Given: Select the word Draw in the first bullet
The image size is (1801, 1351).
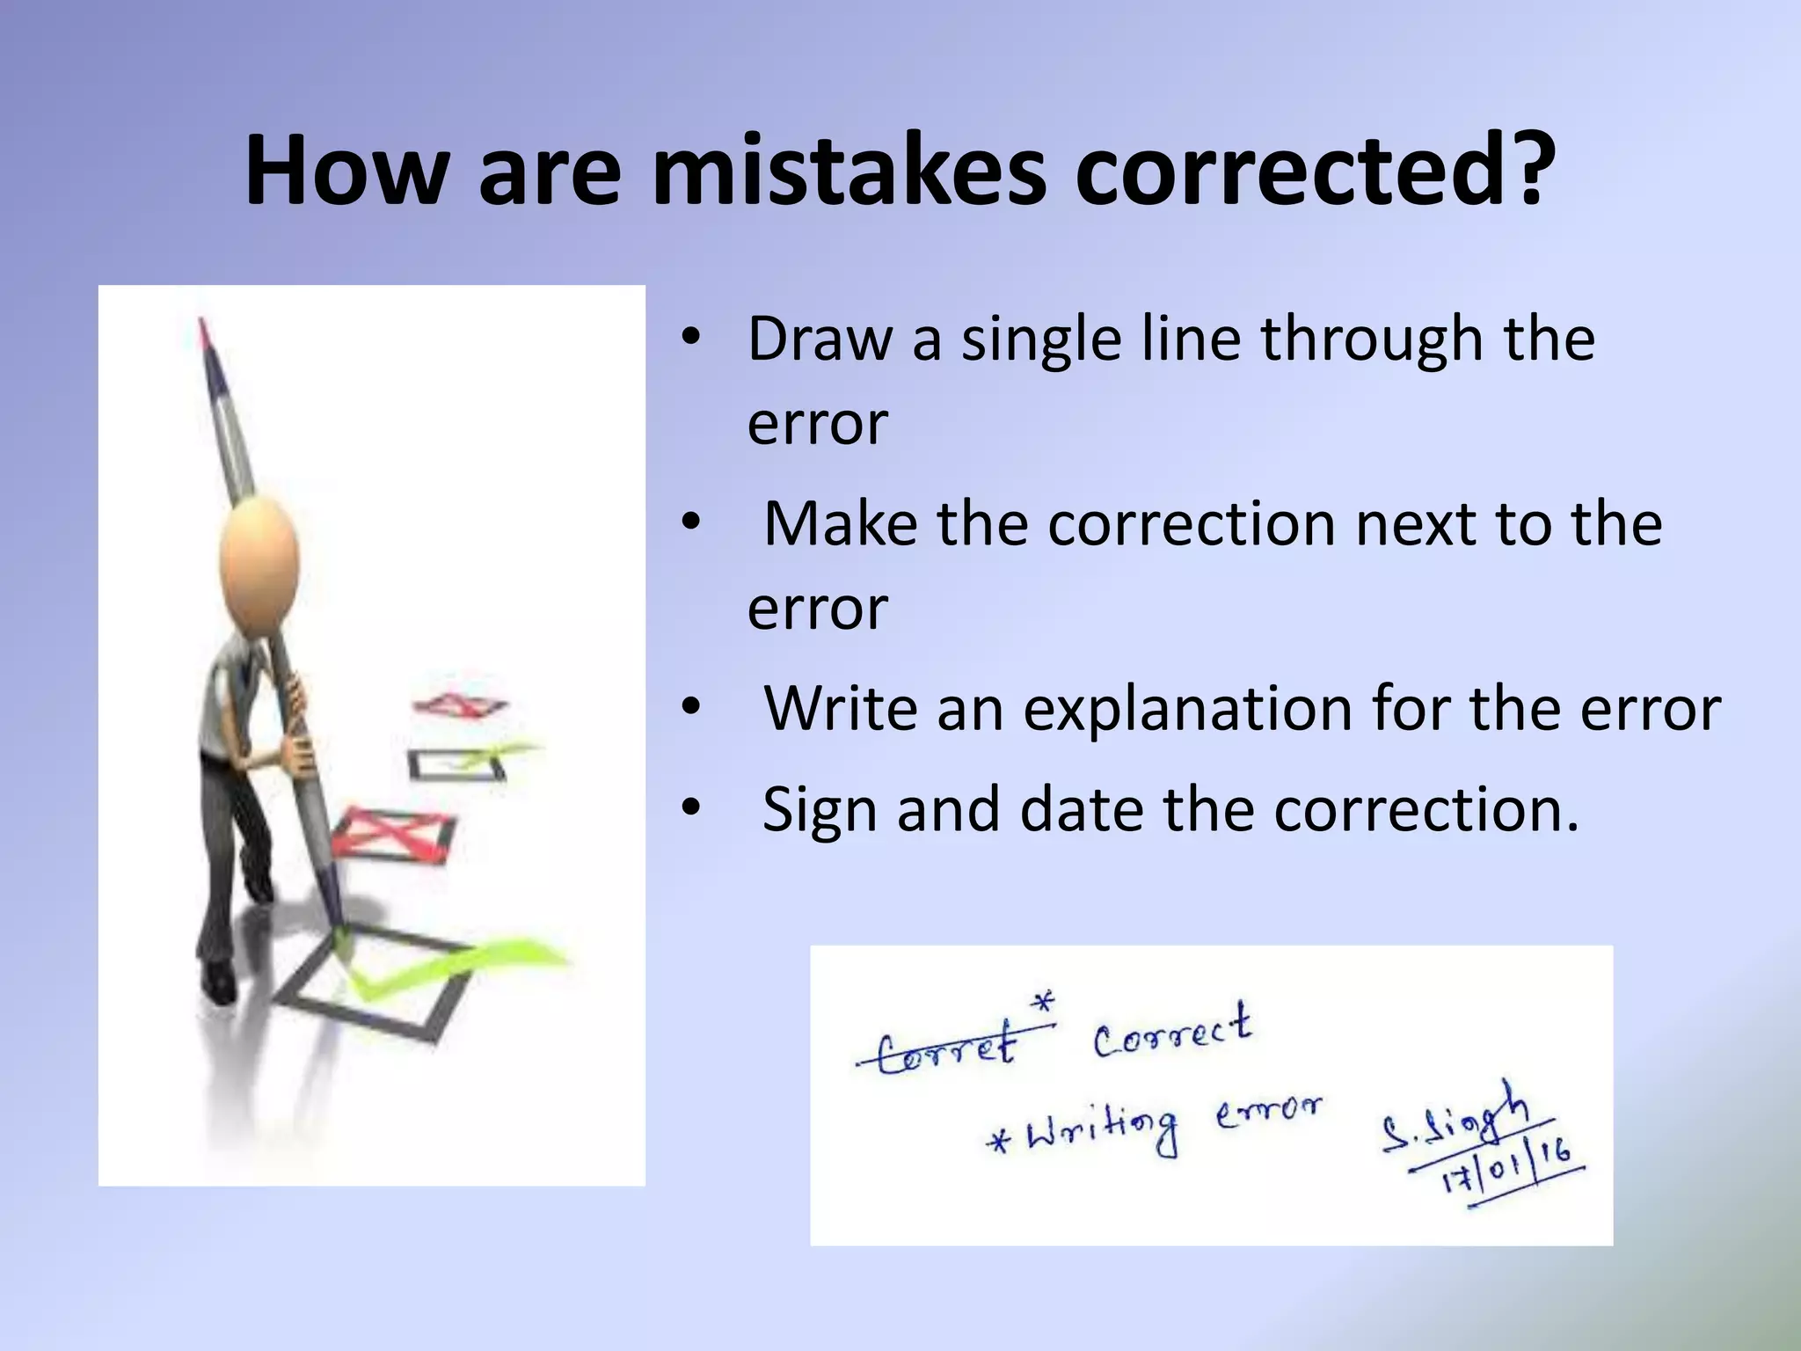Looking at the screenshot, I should pyautogui.click(x=819, y=340).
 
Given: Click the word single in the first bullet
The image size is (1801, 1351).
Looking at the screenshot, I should pyautogui.click(x=1040, y=341).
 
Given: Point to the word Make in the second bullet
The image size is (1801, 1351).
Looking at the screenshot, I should pyautogui.click(x=842, y=524).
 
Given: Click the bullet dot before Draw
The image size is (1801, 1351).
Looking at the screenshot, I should pyautogui.click(x=691, y=340).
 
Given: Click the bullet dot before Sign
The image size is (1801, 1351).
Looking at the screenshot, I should pyautogui.click(x=691, y=807).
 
